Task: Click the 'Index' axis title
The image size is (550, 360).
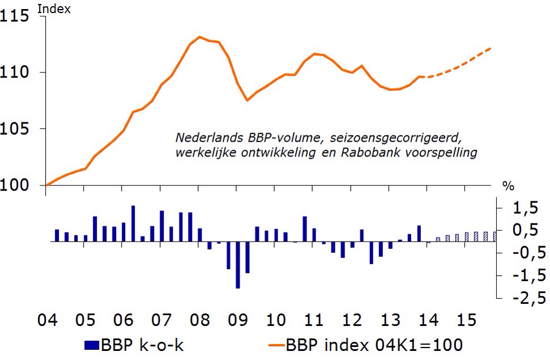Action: pyautogui.click(x=54, y=9)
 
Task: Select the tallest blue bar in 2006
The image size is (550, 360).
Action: pyautogui.click(x=133, y=223)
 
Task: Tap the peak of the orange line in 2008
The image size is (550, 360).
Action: pyautogui.click(x=199, y=37)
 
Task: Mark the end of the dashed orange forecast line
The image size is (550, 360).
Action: pyautogui.click(x=491, y=48)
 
